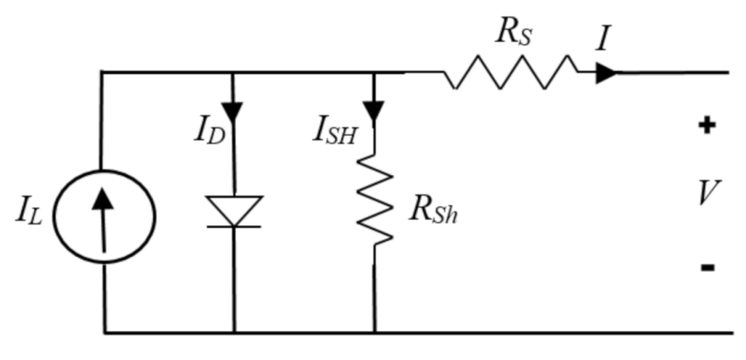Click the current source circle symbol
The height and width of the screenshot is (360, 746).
pyautogui.click(x=103, y=214)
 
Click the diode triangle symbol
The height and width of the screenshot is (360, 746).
pyautogui.click(x=234, y=210)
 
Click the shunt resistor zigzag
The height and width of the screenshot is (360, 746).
pyautogui.click(x=375, y=203)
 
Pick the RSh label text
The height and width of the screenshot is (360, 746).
pyautogui.click(x=434, y=212)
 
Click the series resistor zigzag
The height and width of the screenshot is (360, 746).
pyautogui.click(x=510, y=73)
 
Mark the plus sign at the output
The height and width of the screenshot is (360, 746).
pyautogui.click(x=706, y=126)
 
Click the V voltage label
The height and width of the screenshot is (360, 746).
pyautogui.click(x=707, y=195)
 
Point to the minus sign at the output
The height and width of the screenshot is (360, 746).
pyautogui.click(x=707, y=267)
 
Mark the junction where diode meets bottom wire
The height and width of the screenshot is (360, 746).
pyautogui.click(x=234, y=333)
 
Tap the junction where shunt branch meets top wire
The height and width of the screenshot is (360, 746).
pyautogui.click(x=375, y=73)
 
